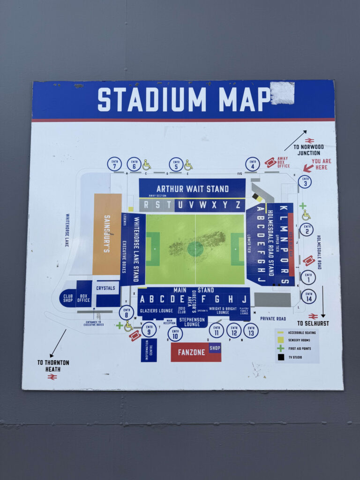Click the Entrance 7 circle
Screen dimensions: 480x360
(x=114, y=164)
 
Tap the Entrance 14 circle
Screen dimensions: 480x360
(x=308, y=296)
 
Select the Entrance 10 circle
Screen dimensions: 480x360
(x=175, y=334)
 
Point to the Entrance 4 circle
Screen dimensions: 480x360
(x=252, y=164)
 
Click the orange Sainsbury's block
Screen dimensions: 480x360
(x=107, y=234)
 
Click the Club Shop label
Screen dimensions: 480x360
(x=67, y=297)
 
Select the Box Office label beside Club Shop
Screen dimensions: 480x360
(x=83, y=297)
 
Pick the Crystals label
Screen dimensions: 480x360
(x=105, y=288)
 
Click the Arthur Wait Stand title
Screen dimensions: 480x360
(x=193, y=189)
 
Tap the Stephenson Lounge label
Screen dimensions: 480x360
(x=192, y=322)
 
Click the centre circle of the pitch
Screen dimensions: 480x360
(x=195, y=248)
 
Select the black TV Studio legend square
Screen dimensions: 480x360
(x=280, y=357)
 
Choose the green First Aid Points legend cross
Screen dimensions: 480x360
(x=280, y=348)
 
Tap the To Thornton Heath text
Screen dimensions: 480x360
(x=53, y=365)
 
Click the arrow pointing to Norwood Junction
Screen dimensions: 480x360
(x=295, y=140)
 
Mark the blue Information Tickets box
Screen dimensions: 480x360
(x=149, y=350)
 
